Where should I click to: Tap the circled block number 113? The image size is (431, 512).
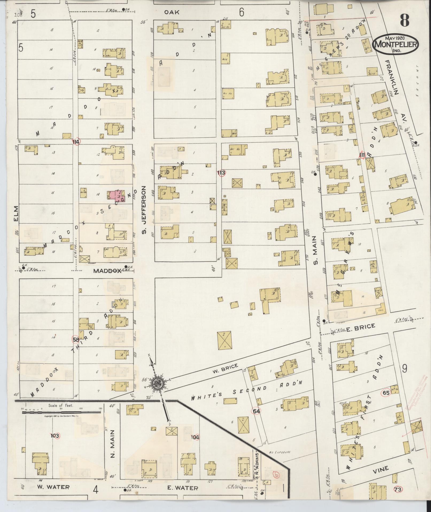tap(221, 173)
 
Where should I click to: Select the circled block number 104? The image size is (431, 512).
tap(195, 437)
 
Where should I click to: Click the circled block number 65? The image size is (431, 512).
tap(386, 393)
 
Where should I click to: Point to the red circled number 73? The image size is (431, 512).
tap(398, 490)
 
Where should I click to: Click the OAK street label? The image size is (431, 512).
tap(171, 12)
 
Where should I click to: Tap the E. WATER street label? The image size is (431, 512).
tap(183, 488)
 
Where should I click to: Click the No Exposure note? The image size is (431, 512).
tap(279, 452)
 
